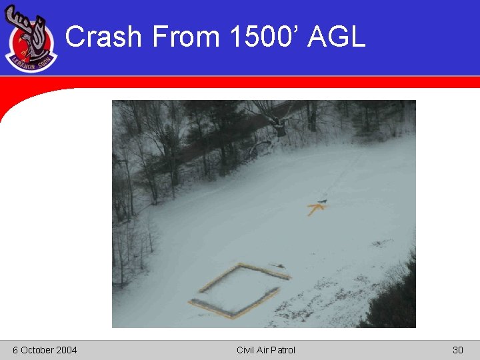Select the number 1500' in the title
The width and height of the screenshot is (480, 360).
[x=263, y=36]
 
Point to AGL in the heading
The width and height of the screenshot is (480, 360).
[x=337, y=36]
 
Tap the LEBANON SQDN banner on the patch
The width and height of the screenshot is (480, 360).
[x=31, y=63]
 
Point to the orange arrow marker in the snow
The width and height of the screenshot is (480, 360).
[x=315, y=209]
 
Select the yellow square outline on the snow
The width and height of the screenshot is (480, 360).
[x=239, y=291]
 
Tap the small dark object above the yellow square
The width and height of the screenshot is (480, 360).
[x=279, y=266]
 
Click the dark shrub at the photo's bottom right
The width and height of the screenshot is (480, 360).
[x=393, y=303]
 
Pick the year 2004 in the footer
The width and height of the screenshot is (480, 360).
[x=67, y=350]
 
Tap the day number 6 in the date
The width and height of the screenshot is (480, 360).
[x=15, y=350]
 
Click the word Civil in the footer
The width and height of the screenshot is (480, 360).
[x=246, y=350]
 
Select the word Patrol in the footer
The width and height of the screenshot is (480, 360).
[x=283, y=350]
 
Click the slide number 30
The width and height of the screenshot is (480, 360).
[x=457, y=350]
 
